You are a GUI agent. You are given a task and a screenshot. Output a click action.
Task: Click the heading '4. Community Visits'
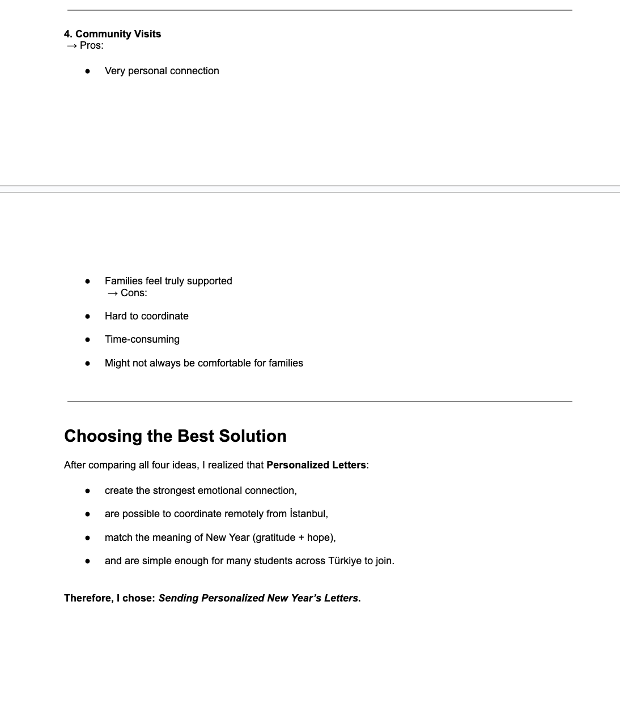point(112,34)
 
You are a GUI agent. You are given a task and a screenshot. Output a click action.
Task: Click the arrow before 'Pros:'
point(71,46)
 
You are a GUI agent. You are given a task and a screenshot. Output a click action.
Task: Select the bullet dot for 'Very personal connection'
point(87,71)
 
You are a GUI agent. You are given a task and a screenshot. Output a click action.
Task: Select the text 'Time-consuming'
point(142,339)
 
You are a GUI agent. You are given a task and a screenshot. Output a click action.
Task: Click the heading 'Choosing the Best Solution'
point(175,436)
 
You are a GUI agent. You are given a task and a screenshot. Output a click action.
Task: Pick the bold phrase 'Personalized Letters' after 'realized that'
point(316,465)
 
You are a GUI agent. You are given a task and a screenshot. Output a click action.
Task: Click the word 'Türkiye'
point(345,561)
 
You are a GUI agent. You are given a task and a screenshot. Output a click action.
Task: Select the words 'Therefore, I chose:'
point(109,598)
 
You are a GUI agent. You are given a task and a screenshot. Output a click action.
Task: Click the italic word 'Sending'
point(179,598)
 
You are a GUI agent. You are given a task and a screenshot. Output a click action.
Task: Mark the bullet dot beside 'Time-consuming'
point(87,340)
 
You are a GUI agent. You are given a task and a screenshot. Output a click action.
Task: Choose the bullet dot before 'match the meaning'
point(87,538)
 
